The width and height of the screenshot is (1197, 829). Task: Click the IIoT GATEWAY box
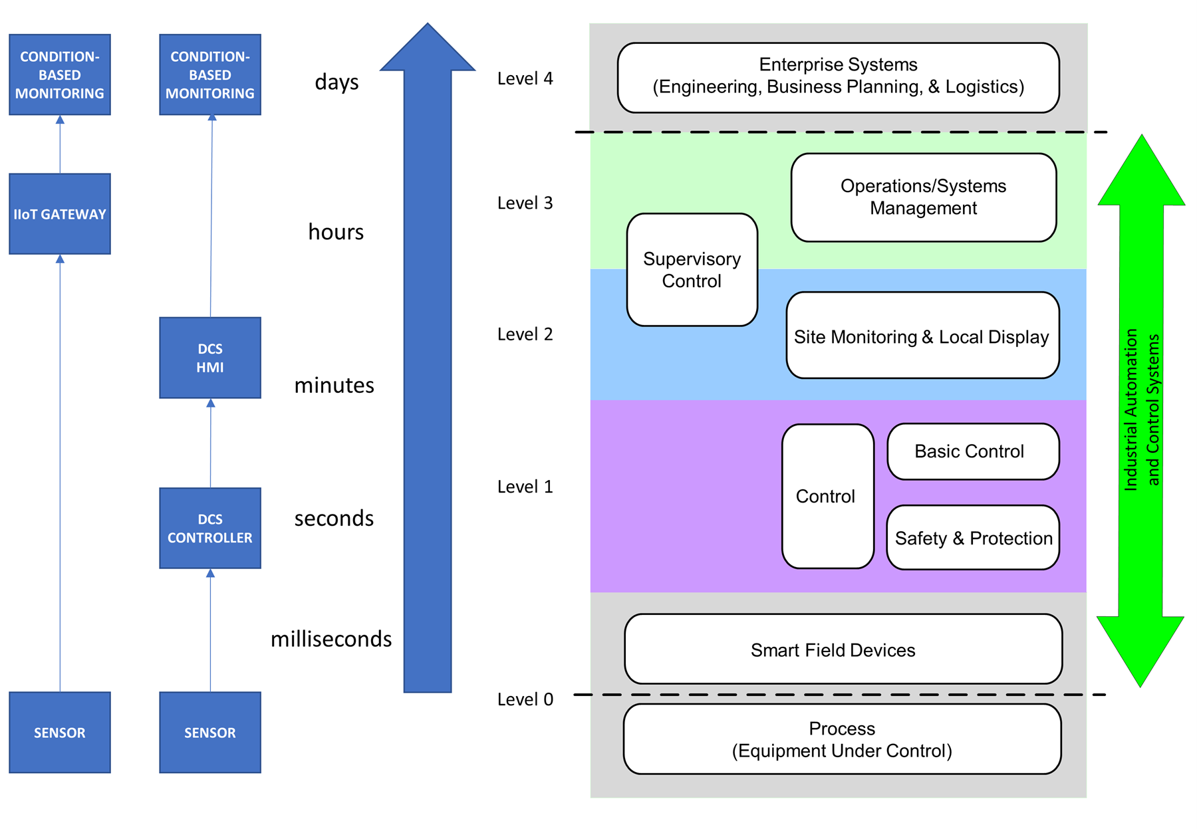[60, 214]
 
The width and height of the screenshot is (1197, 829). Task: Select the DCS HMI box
[210, 358]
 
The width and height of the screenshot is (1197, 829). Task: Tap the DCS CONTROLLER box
[210, 529]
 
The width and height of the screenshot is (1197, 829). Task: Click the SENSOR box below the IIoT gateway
[60, 733]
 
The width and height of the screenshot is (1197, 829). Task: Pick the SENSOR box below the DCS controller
[210, 733]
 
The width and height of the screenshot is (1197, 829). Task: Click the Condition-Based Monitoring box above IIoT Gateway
[60, 74]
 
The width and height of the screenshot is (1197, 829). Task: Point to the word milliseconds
[331, 639]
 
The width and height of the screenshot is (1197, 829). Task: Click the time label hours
[336, 231]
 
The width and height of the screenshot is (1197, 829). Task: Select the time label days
[336, 82]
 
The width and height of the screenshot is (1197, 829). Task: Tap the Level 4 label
[525, 78]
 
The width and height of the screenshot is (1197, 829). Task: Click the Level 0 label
[525, 699]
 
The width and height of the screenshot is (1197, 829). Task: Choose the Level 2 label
[525, 334]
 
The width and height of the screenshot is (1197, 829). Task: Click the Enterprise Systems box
[839, 78]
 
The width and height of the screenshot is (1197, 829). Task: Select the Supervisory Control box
[692, 270]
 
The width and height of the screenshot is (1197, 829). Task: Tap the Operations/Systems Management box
[924, 197]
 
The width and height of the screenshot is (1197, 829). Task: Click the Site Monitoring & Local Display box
[923, 335]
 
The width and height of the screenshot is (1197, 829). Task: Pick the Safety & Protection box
[974, 538]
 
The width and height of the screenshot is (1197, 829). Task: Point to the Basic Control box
[974, 451]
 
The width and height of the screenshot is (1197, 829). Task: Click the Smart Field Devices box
[843, 649]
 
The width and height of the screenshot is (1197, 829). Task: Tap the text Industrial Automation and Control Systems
[1142, 410]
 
